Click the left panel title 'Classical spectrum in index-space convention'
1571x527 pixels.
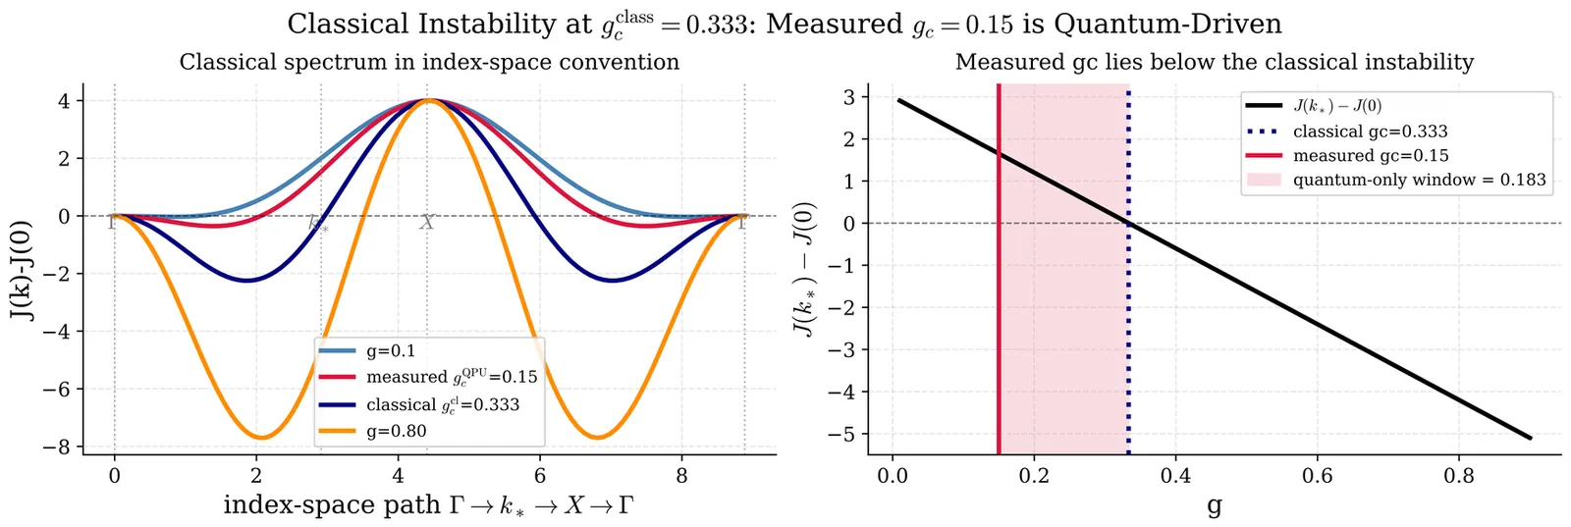pyautogui.click(x=429, y=63)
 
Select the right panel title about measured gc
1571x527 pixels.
pyautogui.click(x=1214, y=63)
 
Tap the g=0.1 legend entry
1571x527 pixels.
pyautogui.click(x=391, y=350)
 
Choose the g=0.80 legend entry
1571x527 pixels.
pyautogui.click(x=398, y=431)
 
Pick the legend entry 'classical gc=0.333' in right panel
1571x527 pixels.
pyautogui.click(x=1370, y=132)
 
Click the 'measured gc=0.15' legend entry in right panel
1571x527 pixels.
pyautogui.click(x=1370, y=156)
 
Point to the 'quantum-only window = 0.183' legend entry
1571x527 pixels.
pyautogui.click(x=1419, y=180)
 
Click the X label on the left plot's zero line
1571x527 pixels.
pyautogui.click(x=427, y=223)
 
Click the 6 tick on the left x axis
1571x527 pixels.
pyautogui.click(x=539, y=477)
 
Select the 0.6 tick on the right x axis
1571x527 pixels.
pyautogui.click(x=1317, y=477)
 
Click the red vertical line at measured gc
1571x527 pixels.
pyautogui.click(x=999, y=294)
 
